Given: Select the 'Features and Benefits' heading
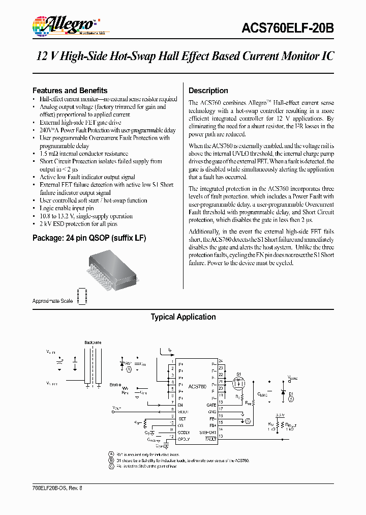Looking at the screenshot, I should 70,90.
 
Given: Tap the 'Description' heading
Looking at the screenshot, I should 208,91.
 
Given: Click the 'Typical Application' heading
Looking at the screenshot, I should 183,317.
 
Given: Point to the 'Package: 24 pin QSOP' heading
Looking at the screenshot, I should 89,238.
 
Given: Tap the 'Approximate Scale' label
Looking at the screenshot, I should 52,301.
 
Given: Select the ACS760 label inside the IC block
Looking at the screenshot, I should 196,387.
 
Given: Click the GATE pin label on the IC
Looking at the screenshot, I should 211,405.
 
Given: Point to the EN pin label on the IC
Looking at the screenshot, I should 180,405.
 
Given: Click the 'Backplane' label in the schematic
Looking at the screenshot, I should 93,342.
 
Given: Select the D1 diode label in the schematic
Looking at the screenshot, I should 291,394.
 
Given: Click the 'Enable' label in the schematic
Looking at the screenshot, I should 116,385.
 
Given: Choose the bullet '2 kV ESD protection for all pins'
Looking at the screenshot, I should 78,224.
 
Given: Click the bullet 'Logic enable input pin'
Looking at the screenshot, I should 67,208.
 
